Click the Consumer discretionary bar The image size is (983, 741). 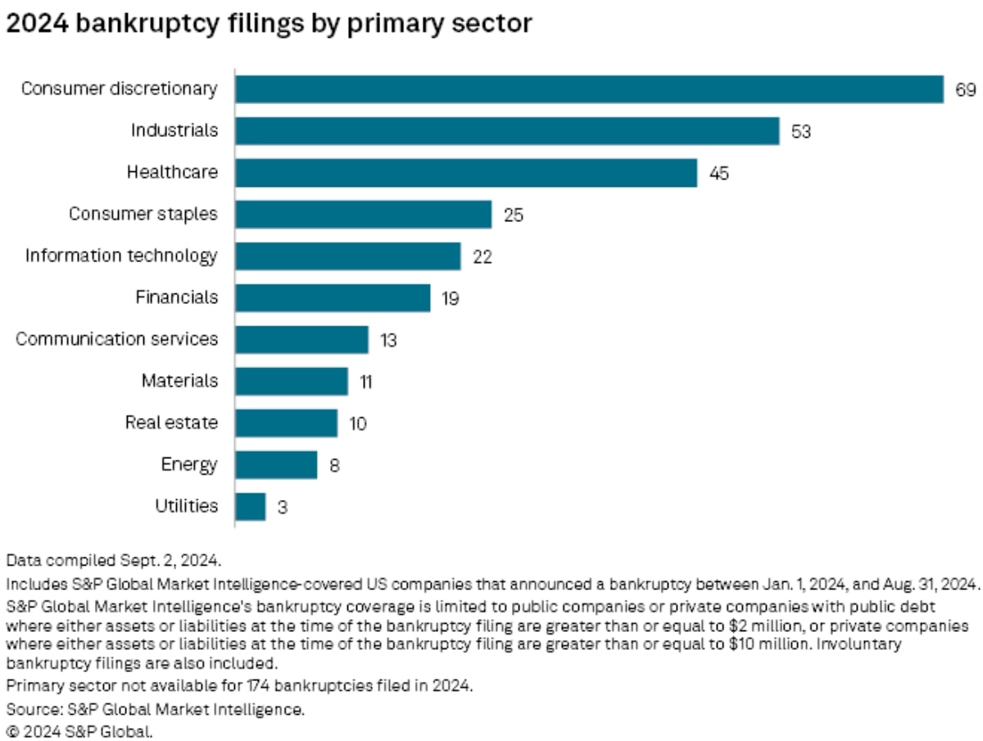coord(589,89)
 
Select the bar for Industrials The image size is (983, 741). coord(507,131)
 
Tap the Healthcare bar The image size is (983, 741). coord(466,173)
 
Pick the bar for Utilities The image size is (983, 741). coord(251,507)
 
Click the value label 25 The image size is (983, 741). coord(513,216)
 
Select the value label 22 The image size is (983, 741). coord(482,257)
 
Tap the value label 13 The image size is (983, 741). coord(388,340)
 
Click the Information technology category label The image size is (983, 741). coord(121,256)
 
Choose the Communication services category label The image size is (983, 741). coord(117,339)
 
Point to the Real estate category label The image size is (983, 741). coord(171,423)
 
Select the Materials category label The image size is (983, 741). coord(179,381)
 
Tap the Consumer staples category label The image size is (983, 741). coord(143,214)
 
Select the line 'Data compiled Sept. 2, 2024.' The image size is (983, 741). coord(114,561)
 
